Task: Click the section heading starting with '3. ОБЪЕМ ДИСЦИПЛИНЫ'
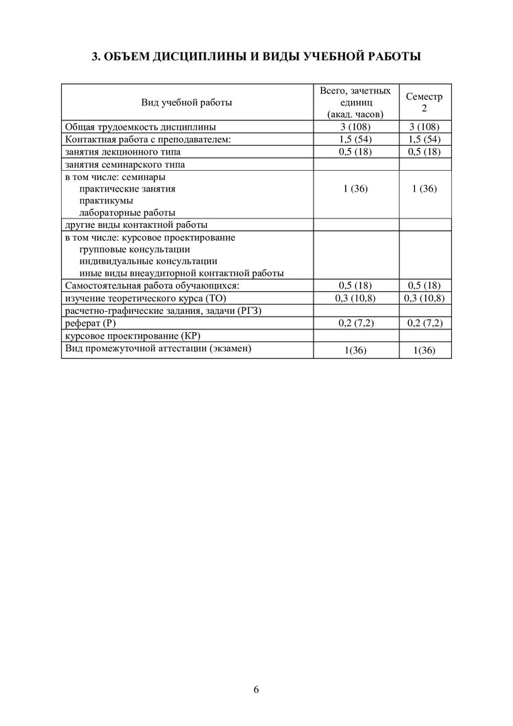[x=256, y=56]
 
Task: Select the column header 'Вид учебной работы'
[x=187, y=103]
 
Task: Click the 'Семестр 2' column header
[x=424, y=102]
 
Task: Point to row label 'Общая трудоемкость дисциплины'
[x=140, y=127]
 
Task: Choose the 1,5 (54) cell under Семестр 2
[x=424, y=139]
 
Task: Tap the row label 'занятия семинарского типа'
[x=126, y=164]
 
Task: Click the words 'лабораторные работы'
[x=127, y=213]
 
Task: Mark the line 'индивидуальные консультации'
[x=148, y=261]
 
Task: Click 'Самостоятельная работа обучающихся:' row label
[x=152, y=286]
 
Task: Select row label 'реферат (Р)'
[x=91, y=323]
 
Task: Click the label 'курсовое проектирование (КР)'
[x=133, y=335]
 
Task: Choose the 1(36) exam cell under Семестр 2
[x=424, y=351]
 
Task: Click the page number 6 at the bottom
[x=256, y=689]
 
